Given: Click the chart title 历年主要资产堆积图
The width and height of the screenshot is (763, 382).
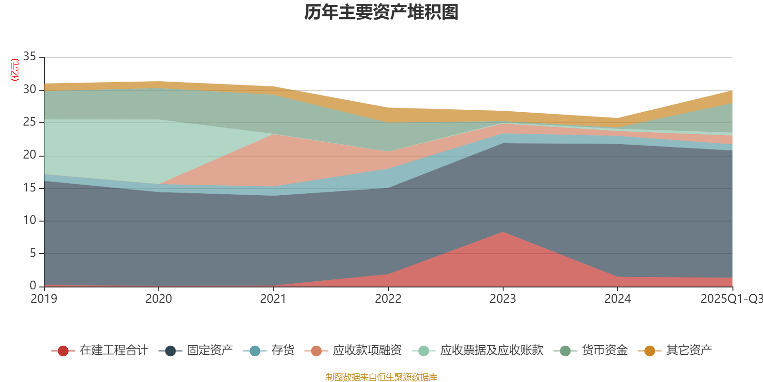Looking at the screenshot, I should (x=381, y=12).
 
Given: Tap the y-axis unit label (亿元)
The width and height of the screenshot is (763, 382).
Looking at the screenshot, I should (x=15, y=70).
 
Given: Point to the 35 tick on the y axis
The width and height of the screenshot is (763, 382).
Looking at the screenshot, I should (x=30, y=57).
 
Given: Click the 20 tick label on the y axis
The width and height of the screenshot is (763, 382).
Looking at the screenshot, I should (x=30, y=155).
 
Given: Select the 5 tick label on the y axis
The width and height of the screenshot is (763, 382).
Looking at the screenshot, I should (x=33, y=253).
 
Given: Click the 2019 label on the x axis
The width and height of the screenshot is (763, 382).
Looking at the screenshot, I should (x=44, y=299).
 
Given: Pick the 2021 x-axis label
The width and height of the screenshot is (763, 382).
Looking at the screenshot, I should (x=273, y=299).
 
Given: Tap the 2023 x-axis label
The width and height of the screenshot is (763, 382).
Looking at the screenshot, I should (x=503, y=299).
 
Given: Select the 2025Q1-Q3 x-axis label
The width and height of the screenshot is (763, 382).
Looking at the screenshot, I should (x=731, y=299).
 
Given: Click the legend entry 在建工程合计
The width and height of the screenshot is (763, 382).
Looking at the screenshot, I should (x=100, y=350).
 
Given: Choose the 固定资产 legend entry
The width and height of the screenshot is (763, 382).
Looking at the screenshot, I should (x=199, y=350).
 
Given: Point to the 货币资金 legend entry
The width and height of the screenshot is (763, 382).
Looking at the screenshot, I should (x=591, y=350).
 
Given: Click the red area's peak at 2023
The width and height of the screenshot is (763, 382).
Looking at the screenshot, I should (x=503, y=233).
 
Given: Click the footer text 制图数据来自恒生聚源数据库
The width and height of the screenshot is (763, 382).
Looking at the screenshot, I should (x=381, y=377).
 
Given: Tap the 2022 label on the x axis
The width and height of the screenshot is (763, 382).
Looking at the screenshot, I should (x=388, y=299).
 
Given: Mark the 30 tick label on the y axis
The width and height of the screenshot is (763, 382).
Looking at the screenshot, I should (x=30, y=89).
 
